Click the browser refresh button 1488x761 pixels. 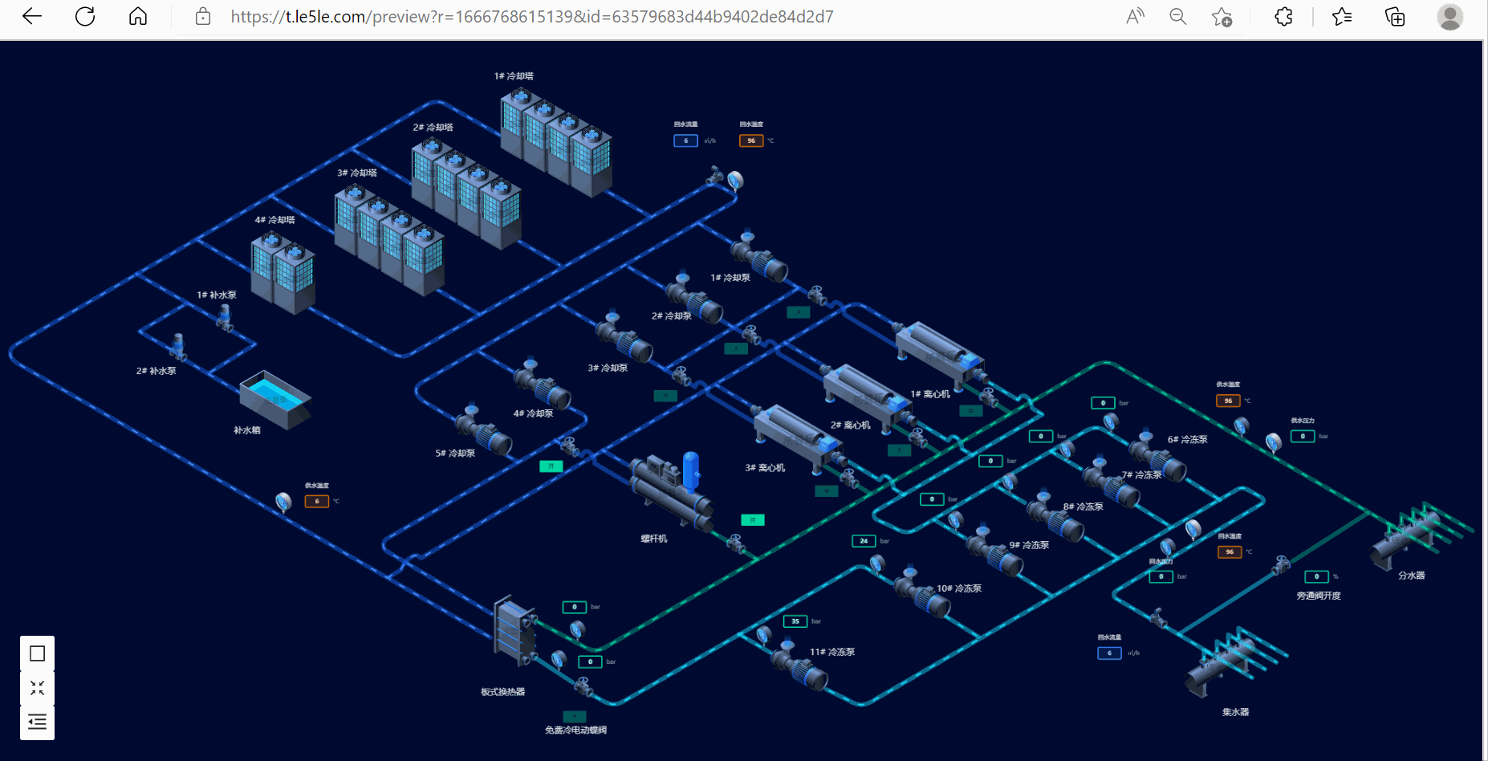pyautogui.click(x=85, y=17)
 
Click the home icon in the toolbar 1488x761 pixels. pyautogui.click(x=138, y=17)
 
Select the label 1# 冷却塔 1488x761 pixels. pyautogui.click(x=514, y=76)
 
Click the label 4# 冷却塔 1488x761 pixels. pyautogui.click(x=274, y=220)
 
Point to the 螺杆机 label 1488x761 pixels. pyautogui.click(x=653, y=539)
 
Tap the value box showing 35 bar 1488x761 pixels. pyautogui.click(x=795, y=621)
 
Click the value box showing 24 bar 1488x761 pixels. pyautogui.click(x=864, y=541)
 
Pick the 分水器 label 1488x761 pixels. pyautogui.click(x=1411, y=576)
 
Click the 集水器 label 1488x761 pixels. pyautogui.click(x=1235, y=712)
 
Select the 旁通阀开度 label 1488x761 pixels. pyautogui.click(x=1318, y=596)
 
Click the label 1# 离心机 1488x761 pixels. pyautogui.click(x=930, y=394)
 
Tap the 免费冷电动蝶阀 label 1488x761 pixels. pyautogui.click(x=575, y=730)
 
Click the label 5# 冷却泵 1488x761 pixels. pyautogui.click(x=455, y=454)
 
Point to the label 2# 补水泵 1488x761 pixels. pyautogui.click(x=156, y=371)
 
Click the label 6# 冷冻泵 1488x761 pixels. pyautogui.click(x=1187, y=440)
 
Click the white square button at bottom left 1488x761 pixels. pyautogui.click(x=37, y=653)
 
